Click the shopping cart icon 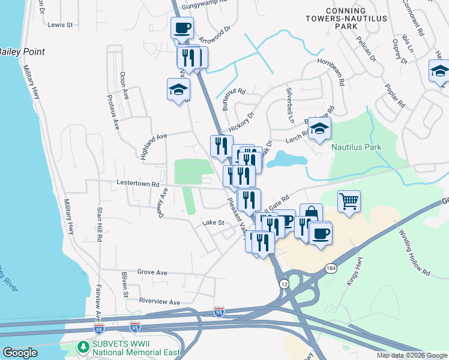click(349, 201)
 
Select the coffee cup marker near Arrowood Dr click(182, 27)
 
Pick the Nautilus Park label click(356, 147)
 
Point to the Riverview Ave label click(159, 302)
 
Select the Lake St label click(212, 223)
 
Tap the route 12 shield click(282, 283)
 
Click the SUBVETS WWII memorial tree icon click(82, 347)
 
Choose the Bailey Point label click(22, 52)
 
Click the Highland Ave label click(153, 146)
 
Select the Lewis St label click(60, 25)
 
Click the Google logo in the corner click(20, 352)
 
